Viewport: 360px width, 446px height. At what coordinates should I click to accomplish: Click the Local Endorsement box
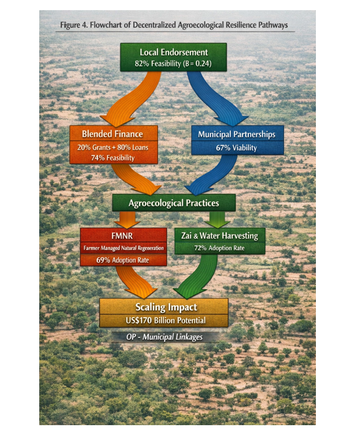coord(173,57)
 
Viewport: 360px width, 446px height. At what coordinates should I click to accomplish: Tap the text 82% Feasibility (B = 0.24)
coord(173,63)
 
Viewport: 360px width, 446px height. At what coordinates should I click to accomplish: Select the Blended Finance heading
coord(112,134)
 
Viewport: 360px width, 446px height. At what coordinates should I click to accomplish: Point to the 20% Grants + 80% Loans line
coord(113,147)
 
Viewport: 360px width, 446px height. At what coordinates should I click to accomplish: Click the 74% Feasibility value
coord(113,157)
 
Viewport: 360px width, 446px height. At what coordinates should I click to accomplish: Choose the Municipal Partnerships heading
coord(237,134)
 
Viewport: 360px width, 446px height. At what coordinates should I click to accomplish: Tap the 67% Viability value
coord(236,148)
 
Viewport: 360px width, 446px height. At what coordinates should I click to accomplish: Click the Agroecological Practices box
coord(174,203)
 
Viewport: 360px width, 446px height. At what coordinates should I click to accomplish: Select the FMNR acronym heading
coord(122,236)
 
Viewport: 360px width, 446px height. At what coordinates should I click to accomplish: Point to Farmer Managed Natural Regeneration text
coord(124,248)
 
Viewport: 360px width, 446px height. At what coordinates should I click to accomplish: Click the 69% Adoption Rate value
coord(123,260)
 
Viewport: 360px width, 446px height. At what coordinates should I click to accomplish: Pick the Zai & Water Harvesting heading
coord(219,236)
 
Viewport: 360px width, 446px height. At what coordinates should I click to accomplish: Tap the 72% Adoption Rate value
coord(219,248)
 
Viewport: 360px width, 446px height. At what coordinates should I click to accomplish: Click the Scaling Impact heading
coord(166,307)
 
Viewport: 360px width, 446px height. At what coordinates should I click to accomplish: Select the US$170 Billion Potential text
coord(166,321)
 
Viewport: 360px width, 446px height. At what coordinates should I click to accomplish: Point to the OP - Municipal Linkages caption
coord(164,337)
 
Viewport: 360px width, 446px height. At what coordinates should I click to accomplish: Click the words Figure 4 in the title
coord(74,25)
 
